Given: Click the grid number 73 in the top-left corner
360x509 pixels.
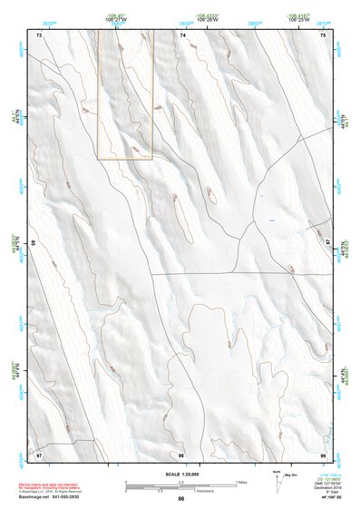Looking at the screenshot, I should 39,34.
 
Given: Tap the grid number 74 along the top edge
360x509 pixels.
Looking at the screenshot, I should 182,34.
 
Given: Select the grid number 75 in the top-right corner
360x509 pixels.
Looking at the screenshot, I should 323,34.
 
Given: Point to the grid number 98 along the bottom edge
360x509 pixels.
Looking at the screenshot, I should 181,453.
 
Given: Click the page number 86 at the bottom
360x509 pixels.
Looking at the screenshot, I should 181,499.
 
